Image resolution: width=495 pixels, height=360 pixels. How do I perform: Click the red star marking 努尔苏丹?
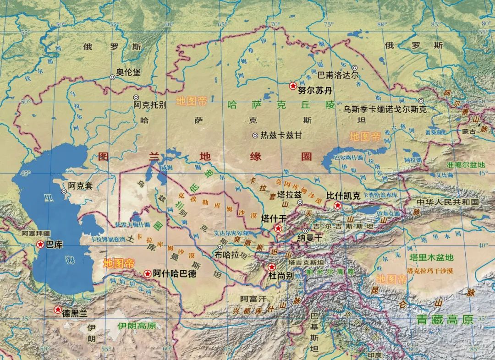tap(292, 86)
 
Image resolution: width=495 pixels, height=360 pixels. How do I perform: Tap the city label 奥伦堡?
tap(127, 72)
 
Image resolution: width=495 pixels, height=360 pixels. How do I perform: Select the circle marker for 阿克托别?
tap(136, 98)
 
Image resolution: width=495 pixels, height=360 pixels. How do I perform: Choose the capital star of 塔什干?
tap(277, 228)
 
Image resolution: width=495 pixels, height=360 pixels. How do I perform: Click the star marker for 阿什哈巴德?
tap(148, 274)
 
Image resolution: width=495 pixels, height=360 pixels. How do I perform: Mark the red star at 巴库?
tap(40, 245)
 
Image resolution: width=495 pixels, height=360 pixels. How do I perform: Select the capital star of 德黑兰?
tap(58, 310)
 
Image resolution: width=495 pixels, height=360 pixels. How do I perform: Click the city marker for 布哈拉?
tap(220, 248)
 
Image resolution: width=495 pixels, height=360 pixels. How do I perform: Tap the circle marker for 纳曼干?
tap(305, 231)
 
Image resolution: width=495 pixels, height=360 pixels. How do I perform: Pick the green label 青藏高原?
tap(444, 320)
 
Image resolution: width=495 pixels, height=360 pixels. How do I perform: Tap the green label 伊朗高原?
tap(137, 326)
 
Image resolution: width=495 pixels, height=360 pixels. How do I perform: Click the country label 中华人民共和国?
tap(447, 202)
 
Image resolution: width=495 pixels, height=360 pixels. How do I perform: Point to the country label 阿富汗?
tap(253, 299)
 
